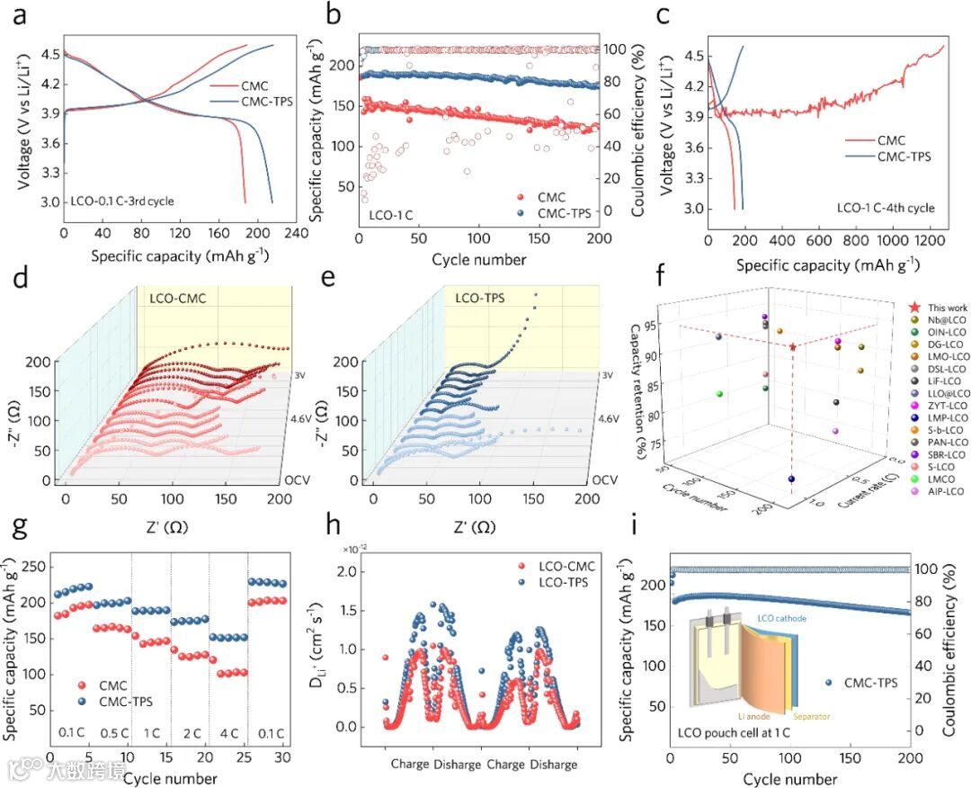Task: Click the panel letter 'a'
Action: (24, 15)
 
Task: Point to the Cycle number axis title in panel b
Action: (479, 260)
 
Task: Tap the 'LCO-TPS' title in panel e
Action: (480, 297)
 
